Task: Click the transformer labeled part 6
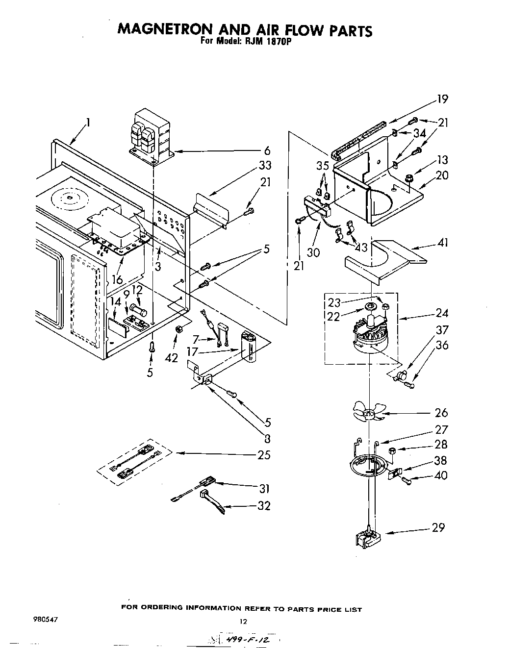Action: coord(150,137)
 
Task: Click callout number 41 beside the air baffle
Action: coord(442,243)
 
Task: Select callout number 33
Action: coord(265,165)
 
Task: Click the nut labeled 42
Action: coord(179,328)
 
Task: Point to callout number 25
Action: coord(264,455)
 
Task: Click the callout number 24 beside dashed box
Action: coord(442,313)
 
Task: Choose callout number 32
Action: coord(264,505)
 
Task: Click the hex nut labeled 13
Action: coord(409,175)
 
